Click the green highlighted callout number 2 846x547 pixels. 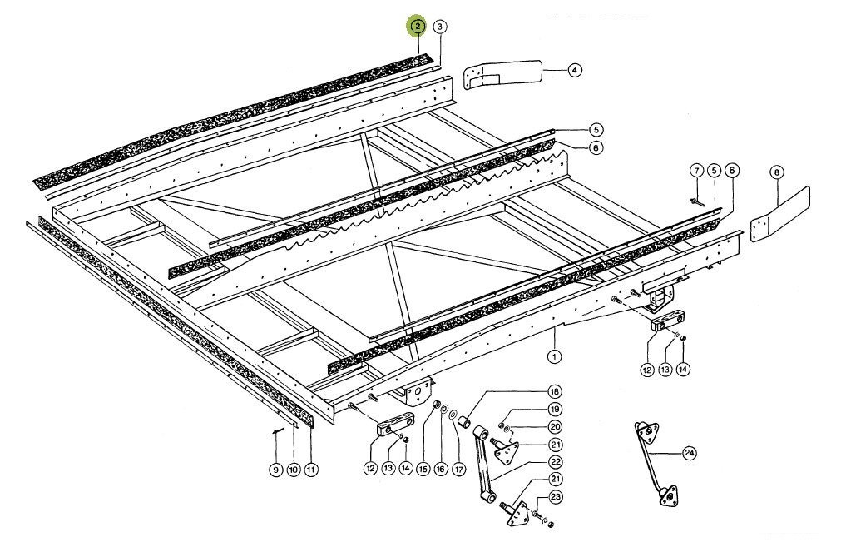click(x=418, y=26)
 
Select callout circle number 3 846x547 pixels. click(x=440, y=27)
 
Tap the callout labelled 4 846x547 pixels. click(x=575, y=70)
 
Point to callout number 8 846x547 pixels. click(x=776, y=173)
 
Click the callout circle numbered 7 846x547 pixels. click(x=696, y=172)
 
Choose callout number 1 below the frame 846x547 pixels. click(x=554, y=356)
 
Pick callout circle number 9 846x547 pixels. click(x=275, y=470)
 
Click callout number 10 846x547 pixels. click(x=293, y=470)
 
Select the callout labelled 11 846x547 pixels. click(x=311, y=470)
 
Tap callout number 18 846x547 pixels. click(x=554, y=391)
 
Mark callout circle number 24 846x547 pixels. click(x=689, y=453)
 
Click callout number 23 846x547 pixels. click(x=555, y=497)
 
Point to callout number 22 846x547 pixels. click(x=555, y=462)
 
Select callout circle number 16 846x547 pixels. click(x=441, y=470)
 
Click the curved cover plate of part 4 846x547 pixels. click(x=502, y=72)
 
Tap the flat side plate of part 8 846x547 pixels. click(x=780, y=212)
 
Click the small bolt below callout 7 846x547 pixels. click(x=696, y=202)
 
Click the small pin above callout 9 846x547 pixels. click(x=278, y=430)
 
